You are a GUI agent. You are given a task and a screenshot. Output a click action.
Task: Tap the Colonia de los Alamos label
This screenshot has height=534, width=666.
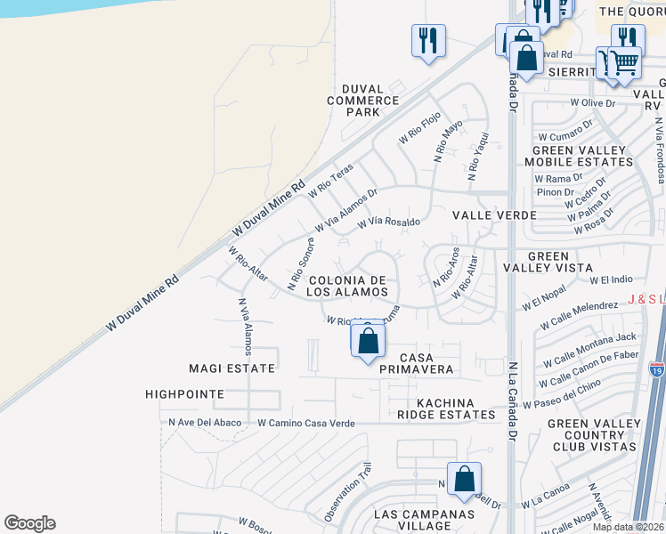(x=348, y=286)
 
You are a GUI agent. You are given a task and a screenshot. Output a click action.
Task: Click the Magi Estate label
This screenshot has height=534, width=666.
(x=231, y=368)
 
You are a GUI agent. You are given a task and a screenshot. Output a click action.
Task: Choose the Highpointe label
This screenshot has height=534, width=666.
(x=184, y=393)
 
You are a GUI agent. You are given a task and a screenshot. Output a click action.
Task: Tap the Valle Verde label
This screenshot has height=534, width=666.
(x=494, y=215)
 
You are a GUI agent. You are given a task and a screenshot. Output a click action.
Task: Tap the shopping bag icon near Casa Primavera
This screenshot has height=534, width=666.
(x=368, y=341)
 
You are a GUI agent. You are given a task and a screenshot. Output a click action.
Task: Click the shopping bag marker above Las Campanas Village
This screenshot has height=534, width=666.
(x=465, y=480)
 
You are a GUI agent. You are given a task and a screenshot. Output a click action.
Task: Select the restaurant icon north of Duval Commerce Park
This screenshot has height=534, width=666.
(x=428, y=40)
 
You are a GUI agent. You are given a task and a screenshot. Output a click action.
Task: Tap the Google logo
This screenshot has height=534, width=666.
(x=29, y=523)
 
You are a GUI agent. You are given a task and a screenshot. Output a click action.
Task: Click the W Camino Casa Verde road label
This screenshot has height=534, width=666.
(x=306, y=424)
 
